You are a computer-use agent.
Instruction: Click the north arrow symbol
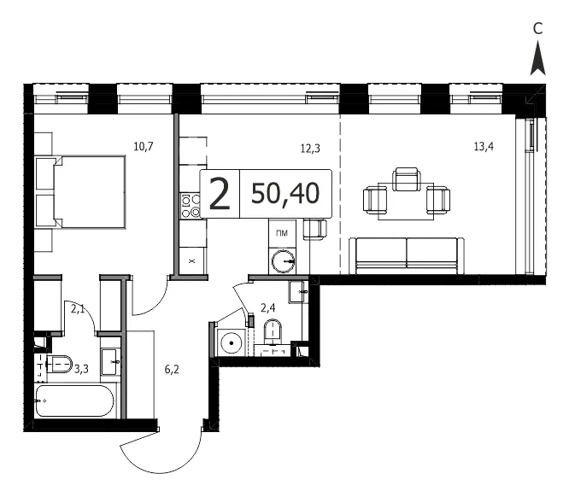click(537, 58)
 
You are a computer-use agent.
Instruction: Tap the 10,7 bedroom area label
click(144, 147)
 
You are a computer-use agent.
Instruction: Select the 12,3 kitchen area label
click(310, 149)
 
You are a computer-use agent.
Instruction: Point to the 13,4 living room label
click(484, 147)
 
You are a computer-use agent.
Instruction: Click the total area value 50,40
click(285, 193)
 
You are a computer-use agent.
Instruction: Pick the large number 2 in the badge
click(220, 195)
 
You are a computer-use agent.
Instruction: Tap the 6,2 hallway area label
click(172, 370)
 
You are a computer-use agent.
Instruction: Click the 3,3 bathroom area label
click(81, 369)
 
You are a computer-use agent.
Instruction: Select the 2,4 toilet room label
click(267, 308)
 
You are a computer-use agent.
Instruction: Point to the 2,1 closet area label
click(78, 309)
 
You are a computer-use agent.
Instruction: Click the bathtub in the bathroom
click(74, 401)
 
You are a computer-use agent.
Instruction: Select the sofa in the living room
click(407, 255)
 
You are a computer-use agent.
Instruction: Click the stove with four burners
click(191, 205)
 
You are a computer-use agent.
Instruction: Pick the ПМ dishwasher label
click(282, 233)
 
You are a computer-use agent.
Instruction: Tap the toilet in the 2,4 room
click(273, 330)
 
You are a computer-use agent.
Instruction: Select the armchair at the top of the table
click(407, 178)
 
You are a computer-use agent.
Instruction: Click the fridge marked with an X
click(192, 260)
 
